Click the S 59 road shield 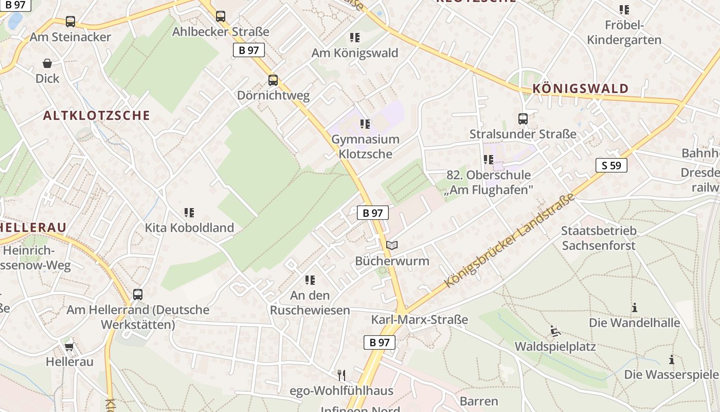tap(611, 165)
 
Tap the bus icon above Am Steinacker tap(70, 22)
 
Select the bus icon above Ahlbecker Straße tap(221, 16)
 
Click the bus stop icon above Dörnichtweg tap(273, 80)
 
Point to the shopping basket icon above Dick tap(47, 63)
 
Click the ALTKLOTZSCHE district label tap(97, 115)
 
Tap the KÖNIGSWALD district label tap(581, 89)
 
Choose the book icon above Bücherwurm tap(392, 246)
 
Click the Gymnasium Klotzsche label tap(365, 147)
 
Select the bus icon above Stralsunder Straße tap(523, 119)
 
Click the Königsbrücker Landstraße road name tap(509, 241)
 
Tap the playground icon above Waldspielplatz tap(555, 331)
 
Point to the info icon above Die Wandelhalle tap(635, 308)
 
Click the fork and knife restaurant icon tap(341, 375)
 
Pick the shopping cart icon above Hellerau tap(69, 346)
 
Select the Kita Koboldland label tap(189, 228)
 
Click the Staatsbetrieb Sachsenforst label tap(599, 238)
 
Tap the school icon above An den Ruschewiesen tap(310, 280)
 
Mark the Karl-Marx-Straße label tap(420, 320)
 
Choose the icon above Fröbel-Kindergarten tap(624, 10)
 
